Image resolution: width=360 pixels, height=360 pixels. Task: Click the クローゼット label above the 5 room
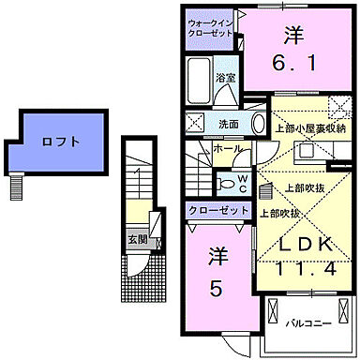[218, 209]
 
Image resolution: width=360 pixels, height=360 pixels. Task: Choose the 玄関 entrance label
[137, 238]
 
